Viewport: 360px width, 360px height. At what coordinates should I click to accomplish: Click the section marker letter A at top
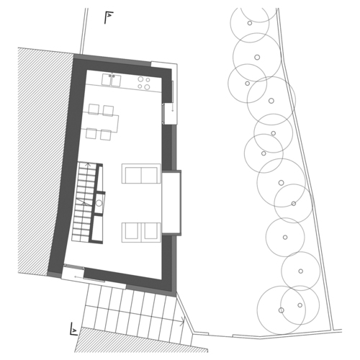click(x=109, y=16)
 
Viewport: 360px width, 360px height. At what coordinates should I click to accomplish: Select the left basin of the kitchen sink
click(x=106, y=80)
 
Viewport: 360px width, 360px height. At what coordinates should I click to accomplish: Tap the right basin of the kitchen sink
click(x=116, y=80)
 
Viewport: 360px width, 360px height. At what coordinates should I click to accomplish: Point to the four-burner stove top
click(x=144, y=83)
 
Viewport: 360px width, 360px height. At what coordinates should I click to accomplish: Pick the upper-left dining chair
click(x=94, y=109)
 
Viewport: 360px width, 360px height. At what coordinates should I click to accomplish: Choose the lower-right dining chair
click(x=106, y=135)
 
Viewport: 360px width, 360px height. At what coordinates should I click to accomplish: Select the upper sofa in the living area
click(x=141, y=174)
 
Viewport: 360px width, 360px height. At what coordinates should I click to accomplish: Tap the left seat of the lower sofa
click(x=132, y=232)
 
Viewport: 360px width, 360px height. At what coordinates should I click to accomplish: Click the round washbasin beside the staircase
click(x=99, y=203)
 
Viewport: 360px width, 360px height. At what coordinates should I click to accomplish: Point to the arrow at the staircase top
click(x=88, y=164)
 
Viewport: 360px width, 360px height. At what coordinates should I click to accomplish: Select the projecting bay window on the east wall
click(x=171, y=202)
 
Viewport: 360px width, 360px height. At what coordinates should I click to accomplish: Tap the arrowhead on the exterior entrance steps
click(x=183, y=321)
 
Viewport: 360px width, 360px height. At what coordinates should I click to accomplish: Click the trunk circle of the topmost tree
click(x=250, y=23)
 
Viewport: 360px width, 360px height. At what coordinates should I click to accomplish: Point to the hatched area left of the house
click(x=45, y=161)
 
